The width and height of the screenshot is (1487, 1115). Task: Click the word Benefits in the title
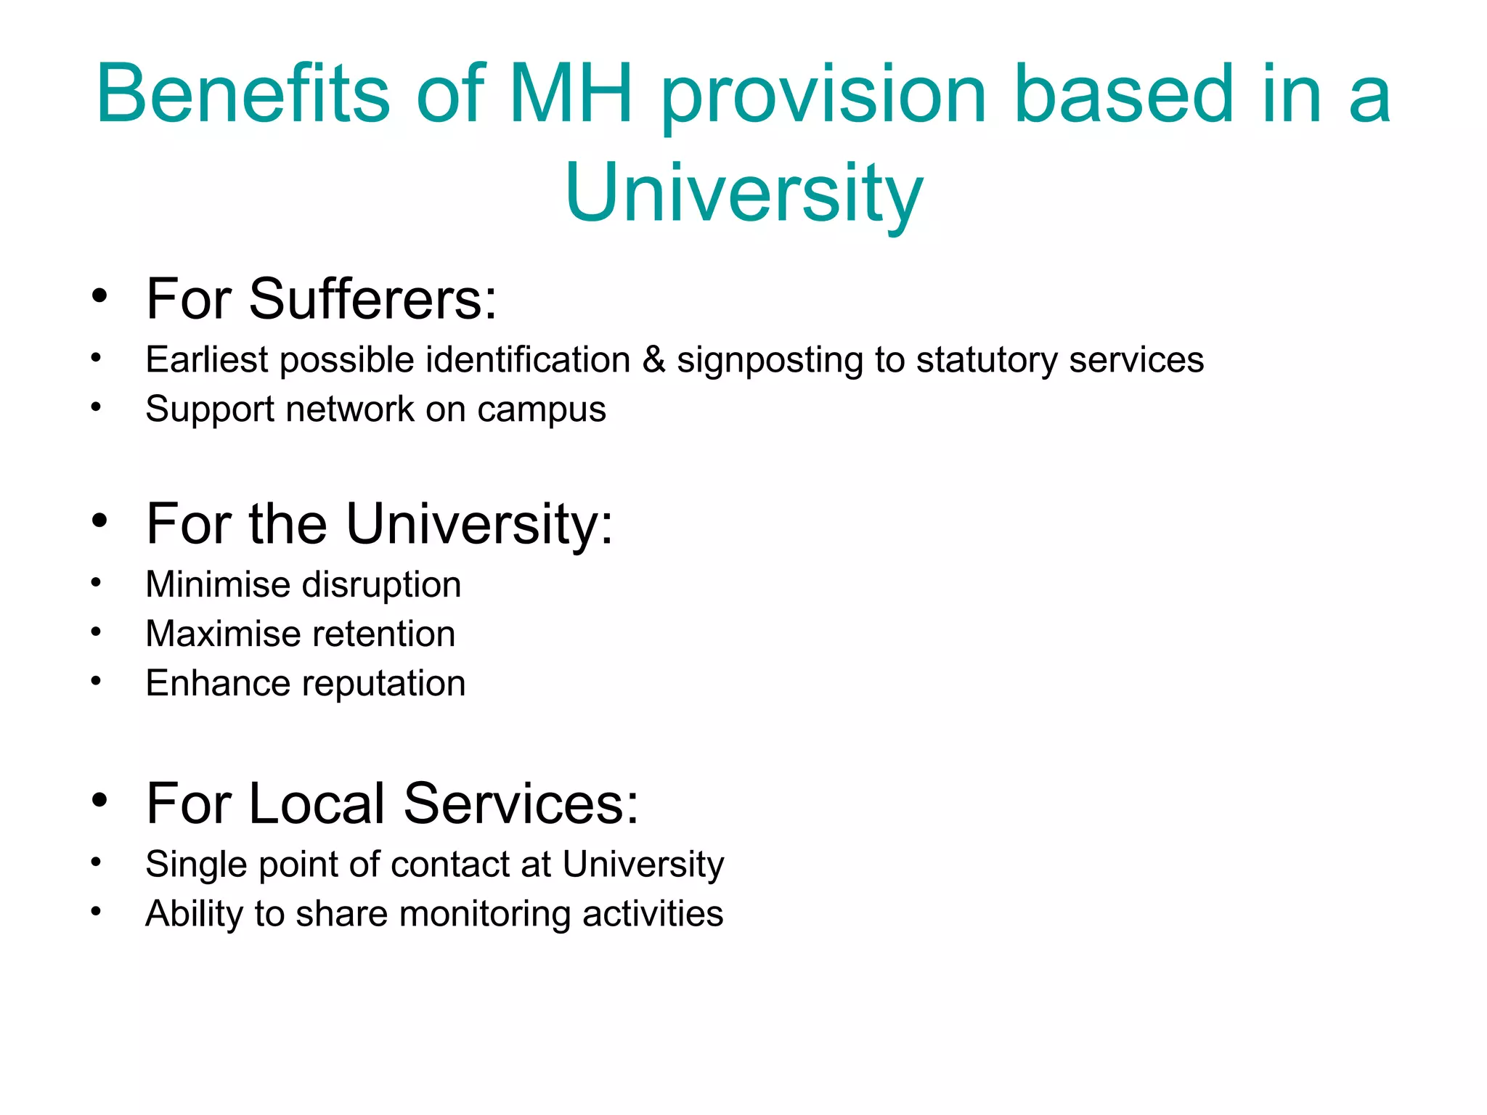tap(243, 94)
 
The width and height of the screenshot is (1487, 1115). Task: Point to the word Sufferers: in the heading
tap(372, 299)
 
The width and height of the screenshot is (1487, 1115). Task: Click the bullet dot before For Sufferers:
tap(99, 296)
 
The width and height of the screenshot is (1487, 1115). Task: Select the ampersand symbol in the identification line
tap(653, 360)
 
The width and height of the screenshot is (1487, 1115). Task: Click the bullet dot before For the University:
tap(99, 520)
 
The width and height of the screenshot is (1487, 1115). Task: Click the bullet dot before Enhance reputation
tap(96, 681)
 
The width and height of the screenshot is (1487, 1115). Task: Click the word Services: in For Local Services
tap(521, 804)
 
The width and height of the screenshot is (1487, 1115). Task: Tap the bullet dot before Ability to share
tap(96, 911)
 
